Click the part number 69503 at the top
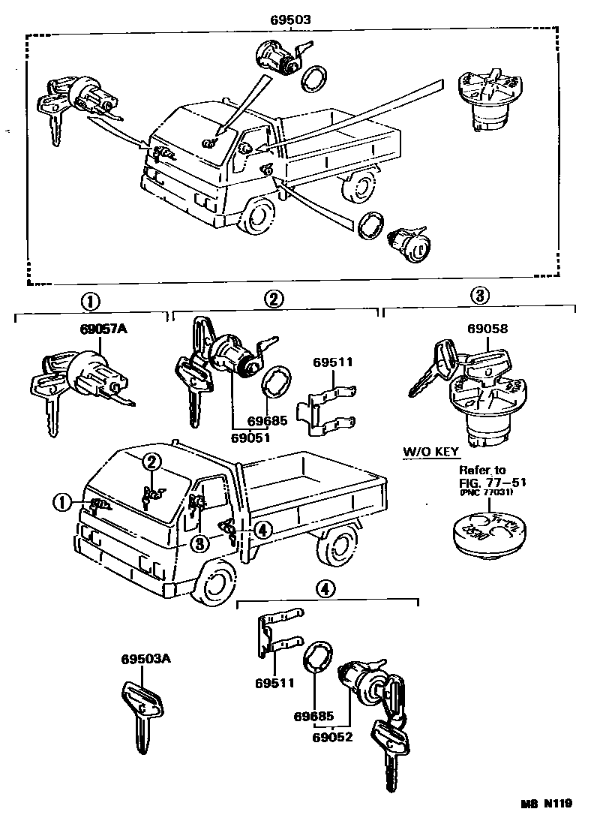coord(293,20)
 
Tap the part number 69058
coord(487,329)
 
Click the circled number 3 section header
coord(480,296)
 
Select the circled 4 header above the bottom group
coord(325,589)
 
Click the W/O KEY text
coord(431,453)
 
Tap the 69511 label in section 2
coord(332,362)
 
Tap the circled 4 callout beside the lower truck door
coord(260,530)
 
